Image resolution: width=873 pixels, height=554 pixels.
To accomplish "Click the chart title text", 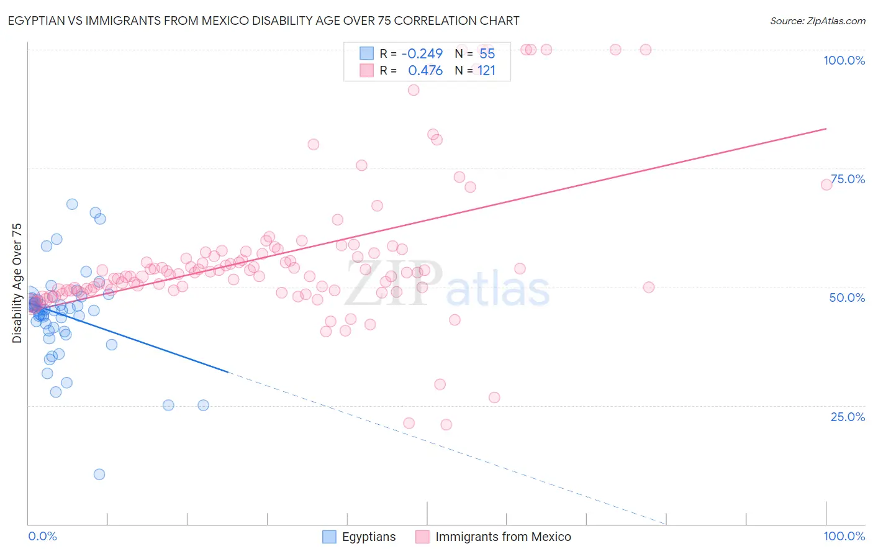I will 263,21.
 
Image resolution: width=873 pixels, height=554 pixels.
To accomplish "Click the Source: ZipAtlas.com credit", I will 817,21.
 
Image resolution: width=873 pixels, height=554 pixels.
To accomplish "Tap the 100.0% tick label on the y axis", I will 844,60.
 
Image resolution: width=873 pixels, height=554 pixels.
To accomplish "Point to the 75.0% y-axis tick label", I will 848,179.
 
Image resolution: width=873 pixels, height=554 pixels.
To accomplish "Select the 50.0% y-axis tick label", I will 847,297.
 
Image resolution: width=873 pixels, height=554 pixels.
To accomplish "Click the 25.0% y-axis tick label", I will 848,417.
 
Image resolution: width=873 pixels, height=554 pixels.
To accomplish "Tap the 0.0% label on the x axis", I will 43,536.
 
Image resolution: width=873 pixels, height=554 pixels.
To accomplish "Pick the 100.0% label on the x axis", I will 844,536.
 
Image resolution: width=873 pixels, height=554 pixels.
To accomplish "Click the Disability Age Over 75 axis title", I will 17,283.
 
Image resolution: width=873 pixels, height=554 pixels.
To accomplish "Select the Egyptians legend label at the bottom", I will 368,537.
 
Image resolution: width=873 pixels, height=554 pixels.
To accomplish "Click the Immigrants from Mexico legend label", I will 503,537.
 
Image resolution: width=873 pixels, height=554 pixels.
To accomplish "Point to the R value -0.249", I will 422,54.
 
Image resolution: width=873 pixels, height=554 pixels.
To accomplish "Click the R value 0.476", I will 425,71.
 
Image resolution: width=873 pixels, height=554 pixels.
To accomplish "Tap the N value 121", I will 486,71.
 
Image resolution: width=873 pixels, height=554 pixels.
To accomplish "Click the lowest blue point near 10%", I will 99,475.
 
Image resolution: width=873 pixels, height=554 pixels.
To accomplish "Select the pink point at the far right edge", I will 826,184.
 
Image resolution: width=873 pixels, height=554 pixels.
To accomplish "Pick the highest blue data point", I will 72,204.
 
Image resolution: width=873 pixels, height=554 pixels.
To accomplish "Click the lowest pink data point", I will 446,425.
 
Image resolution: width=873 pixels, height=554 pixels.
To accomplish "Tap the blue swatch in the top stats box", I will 366,54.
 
